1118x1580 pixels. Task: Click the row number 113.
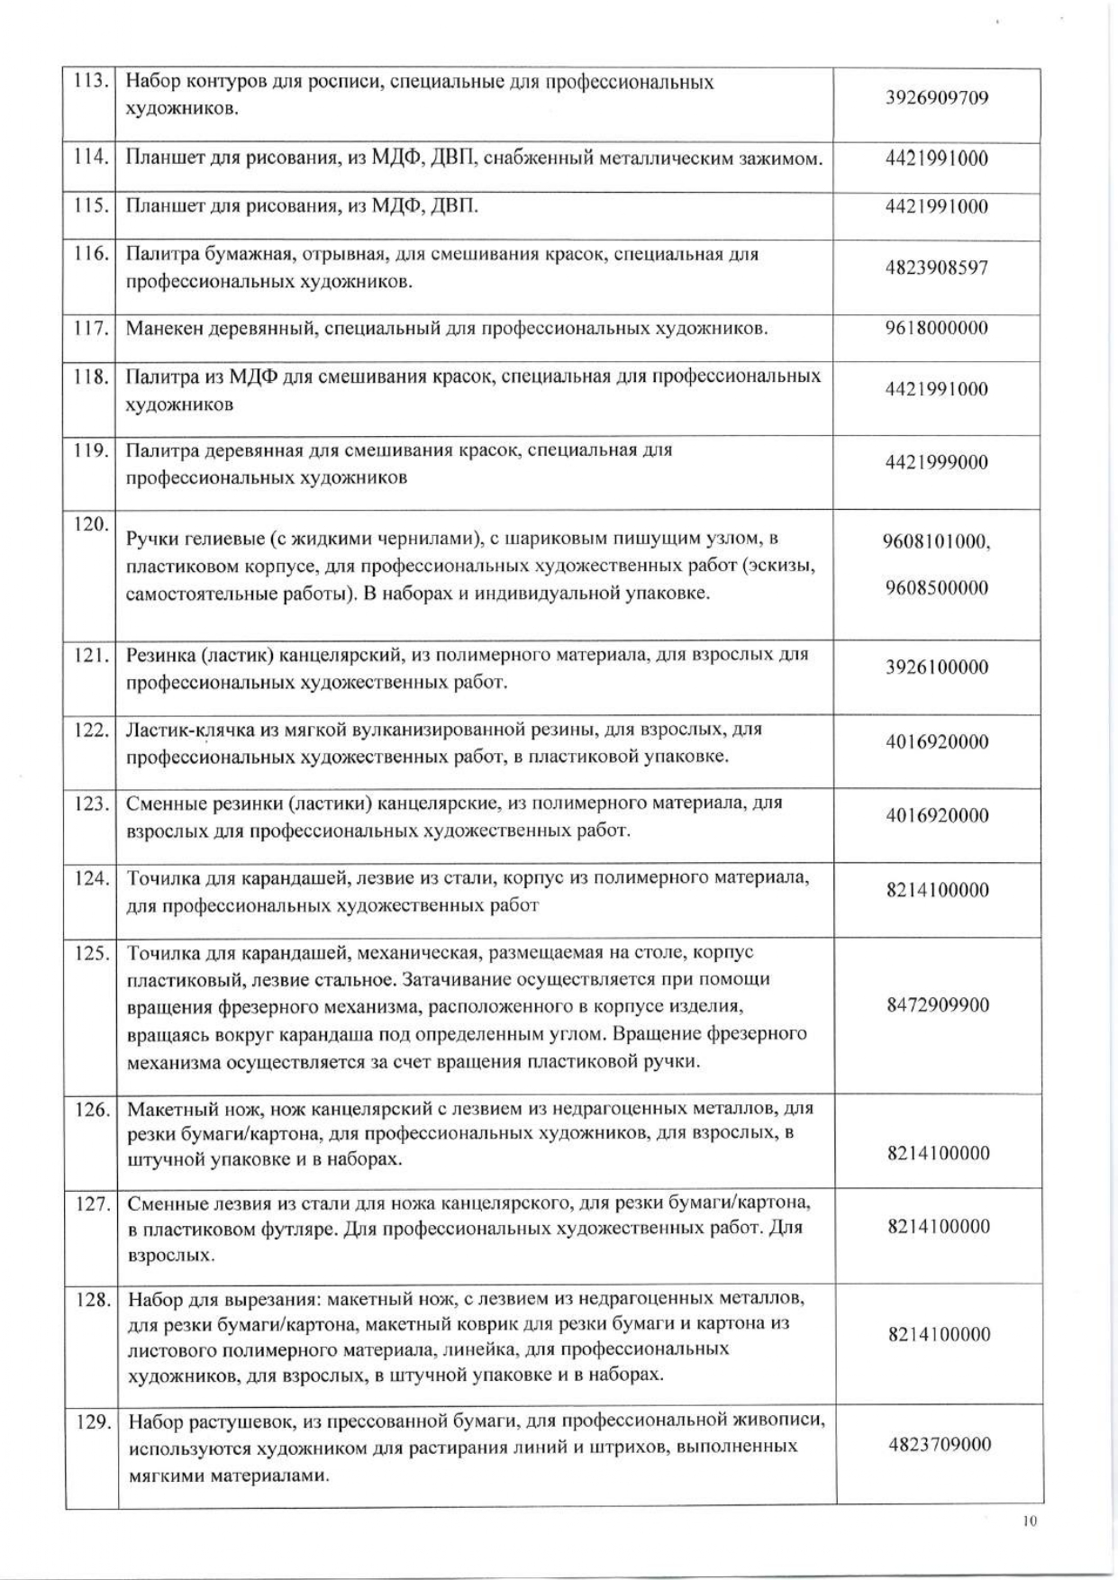click(90, 81)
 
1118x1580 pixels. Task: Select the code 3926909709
click(937, 97)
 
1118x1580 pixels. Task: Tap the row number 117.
click(90, 328)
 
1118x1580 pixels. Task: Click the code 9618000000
click(937, 328)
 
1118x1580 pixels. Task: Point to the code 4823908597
click(937, 268)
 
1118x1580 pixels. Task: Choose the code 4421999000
click(937, 462)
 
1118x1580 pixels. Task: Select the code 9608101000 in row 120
click(937, 541)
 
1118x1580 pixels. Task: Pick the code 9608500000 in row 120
click(937, 588)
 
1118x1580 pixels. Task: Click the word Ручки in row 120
click(150, 539)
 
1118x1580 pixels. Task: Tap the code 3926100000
click(937, 667)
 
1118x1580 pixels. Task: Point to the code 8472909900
click(938, 1005)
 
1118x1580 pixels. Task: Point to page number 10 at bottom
click(1031, 1521)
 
